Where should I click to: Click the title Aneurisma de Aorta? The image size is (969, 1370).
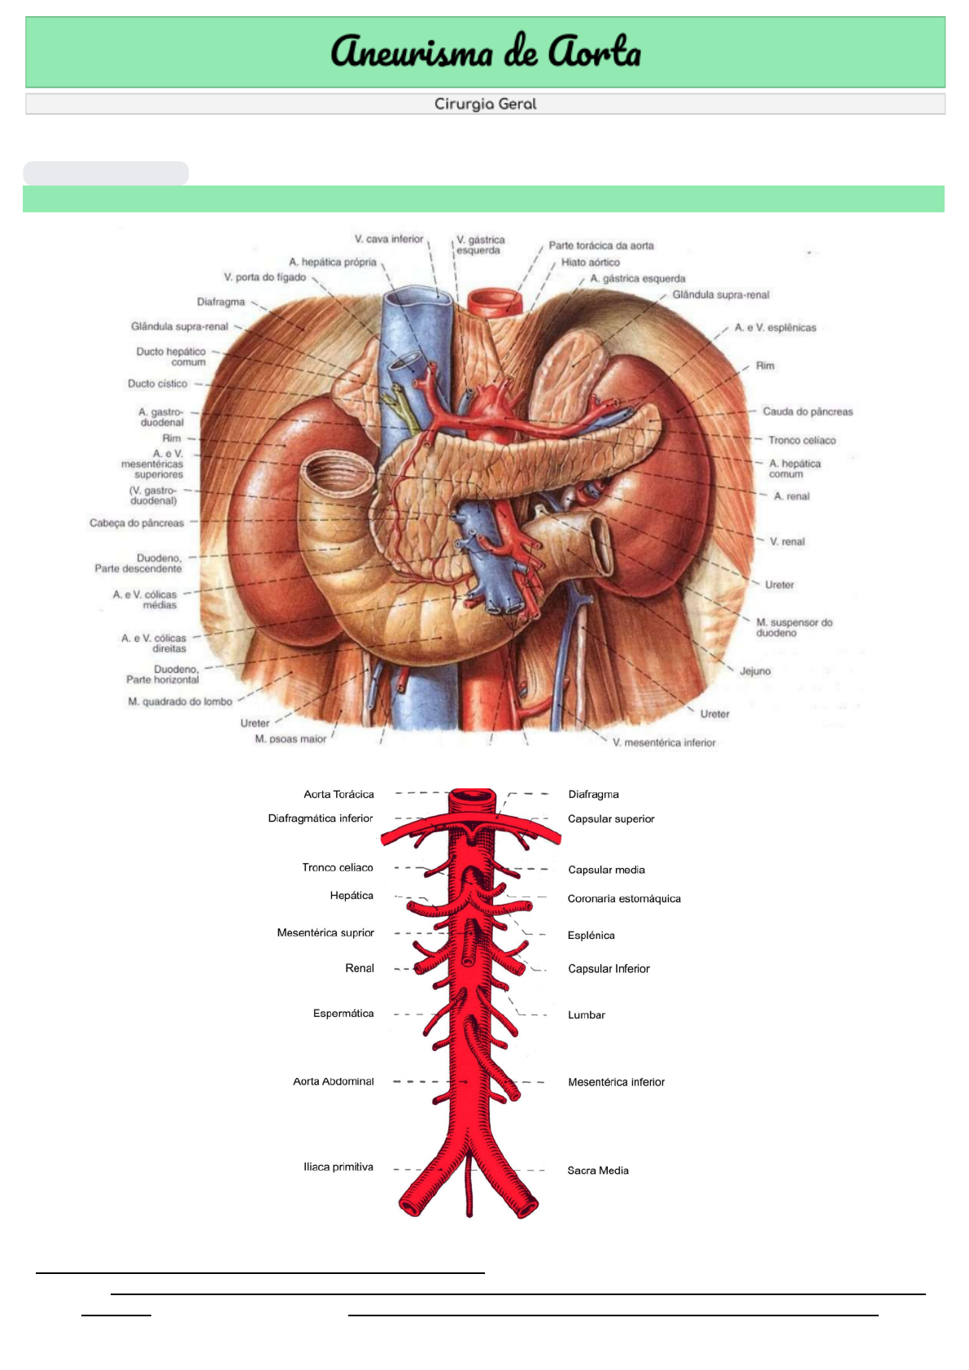485,51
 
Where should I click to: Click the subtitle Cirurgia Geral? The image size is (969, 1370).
485,104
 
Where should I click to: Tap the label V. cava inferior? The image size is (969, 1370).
389,239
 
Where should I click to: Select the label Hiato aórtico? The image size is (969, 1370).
590,262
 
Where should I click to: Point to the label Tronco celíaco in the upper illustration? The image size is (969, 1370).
801,440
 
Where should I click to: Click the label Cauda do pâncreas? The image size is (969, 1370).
807,412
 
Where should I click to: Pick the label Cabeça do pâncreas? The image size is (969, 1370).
137,523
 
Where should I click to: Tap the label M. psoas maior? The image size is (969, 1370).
290,739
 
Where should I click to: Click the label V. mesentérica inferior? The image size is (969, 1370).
664,743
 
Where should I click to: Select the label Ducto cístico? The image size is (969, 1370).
157,383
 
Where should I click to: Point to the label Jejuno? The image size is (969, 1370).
755,671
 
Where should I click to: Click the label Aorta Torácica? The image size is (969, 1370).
338,794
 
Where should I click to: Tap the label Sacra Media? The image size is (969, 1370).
598,1170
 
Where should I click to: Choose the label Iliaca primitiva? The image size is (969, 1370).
338,1167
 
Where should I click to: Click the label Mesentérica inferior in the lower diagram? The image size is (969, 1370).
616,1082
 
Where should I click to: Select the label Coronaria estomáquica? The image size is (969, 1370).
624,898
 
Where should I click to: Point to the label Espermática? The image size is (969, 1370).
343,1013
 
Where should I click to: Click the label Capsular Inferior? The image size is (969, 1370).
609,968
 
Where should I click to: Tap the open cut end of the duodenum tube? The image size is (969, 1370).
327,474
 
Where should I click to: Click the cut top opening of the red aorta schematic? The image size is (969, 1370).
472,794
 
